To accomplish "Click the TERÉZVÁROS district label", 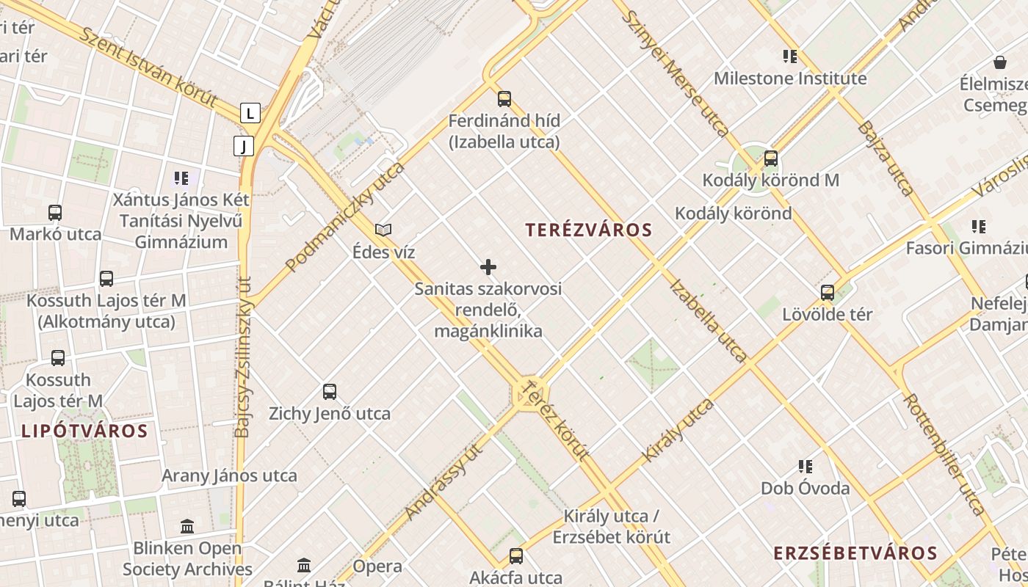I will tap(589, 230).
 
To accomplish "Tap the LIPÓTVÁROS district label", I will tap(84, 431).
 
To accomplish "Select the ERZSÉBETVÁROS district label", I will tap(855, 553).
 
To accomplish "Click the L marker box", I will tap(250, 113).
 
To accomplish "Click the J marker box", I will tap(244, 146).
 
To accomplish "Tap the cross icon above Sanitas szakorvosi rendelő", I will tap(488, 267).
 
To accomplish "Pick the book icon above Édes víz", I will tap(383, 230).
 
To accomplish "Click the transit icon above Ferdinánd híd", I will tap(504, 99).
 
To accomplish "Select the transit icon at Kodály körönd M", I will tap(770, 158).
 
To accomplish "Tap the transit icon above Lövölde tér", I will tap(828, 293).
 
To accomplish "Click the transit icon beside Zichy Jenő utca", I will tap(330, 392).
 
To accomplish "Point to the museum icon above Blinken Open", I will tap(187, 526).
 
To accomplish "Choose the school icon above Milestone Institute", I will tap(789, 56).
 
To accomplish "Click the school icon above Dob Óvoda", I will tap(806, 467).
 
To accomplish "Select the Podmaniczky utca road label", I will tap(345, 217).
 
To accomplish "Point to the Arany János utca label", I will tap(229, 475).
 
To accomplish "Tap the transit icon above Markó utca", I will tap(55, 213).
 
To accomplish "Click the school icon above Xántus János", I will tap(181, 178).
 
